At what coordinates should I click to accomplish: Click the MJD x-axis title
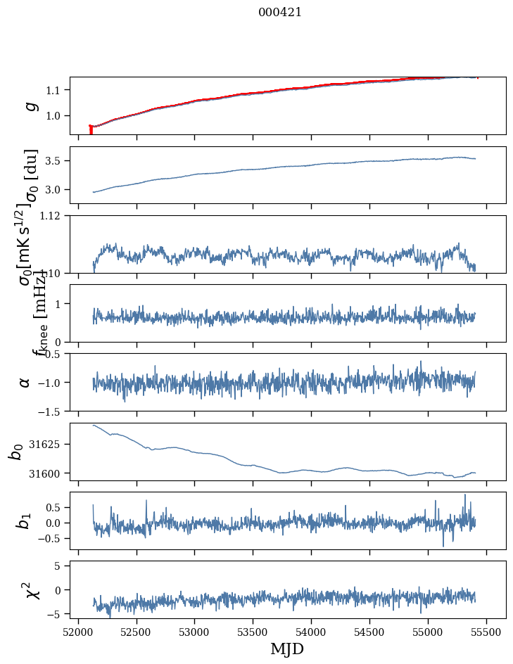[287, 649]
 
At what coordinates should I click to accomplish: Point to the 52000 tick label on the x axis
[78, 632]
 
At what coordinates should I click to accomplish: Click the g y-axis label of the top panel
[29, 106]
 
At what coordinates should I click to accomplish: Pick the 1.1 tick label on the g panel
[53, 90]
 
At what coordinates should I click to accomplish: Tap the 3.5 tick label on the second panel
[53, 161]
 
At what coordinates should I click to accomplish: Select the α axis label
[25, 382]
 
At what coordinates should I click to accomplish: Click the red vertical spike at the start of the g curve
[91, 130]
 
